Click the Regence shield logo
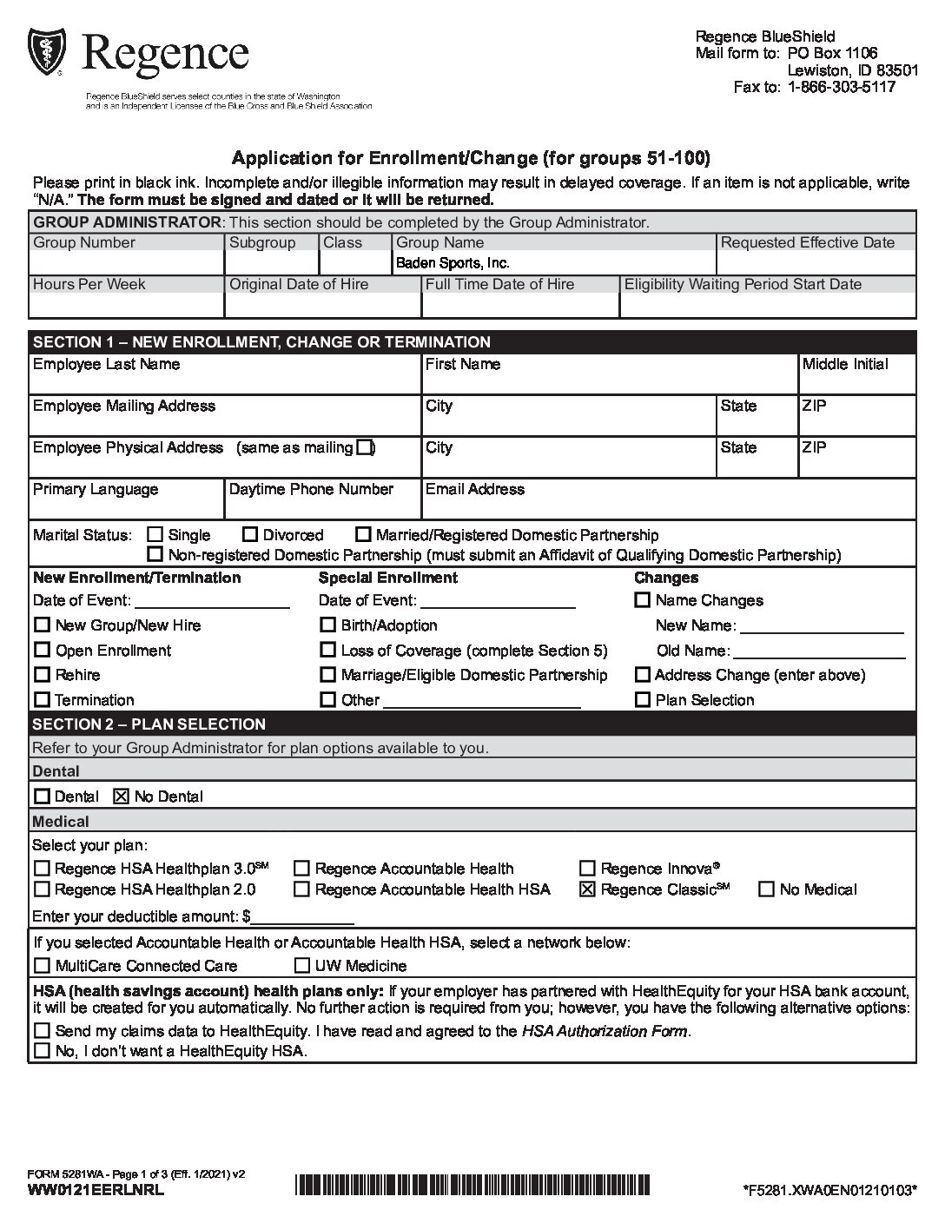45,53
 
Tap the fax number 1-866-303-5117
841,87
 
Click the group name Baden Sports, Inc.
453,263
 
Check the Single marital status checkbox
155,535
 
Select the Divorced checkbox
250,535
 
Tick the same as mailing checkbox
365,447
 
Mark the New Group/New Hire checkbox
42,625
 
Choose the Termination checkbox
42,700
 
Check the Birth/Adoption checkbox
327,625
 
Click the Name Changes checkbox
643,600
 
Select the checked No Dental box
122,797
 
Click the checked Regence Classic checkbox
587,889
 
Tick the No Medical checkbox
767,889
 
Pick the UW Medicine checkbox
302,966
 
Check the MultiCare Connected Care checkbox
42,966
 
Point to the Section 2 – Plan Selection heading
149,724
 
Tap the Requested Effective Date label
807,242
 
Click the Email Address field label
474,489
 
